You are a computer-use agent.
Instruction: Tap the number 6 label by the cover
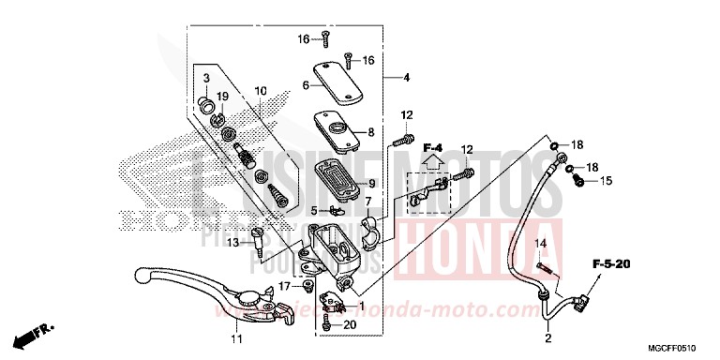[305, 85]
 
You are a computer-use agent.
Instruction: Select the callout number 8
[371, 132]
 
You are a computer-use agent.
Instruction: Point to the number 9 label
[371, 184]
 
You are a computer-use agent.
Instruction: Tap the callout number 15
[607, 180]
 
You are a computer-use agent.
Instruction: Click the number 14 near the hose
[540, 244]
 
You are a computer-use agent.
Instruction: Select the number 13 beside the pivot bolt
[233, 243]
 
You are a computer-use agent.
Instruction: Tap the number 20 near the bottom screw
[352, 325]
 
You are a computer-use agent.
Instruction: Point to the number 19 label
[223, 96]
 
